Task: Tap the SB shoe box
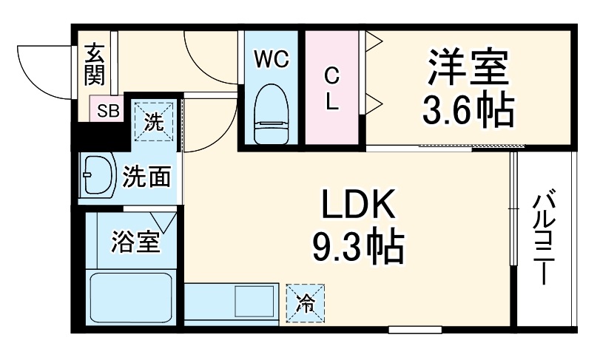[x=108, y=112]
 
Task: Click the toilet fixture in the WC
[x=271, y=115]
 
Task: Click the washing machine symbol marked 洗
[x=153, y=121]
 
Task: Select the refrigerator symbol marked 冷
[x=304, y=302]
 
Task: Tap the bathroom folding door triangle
[x=164, y=221]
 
